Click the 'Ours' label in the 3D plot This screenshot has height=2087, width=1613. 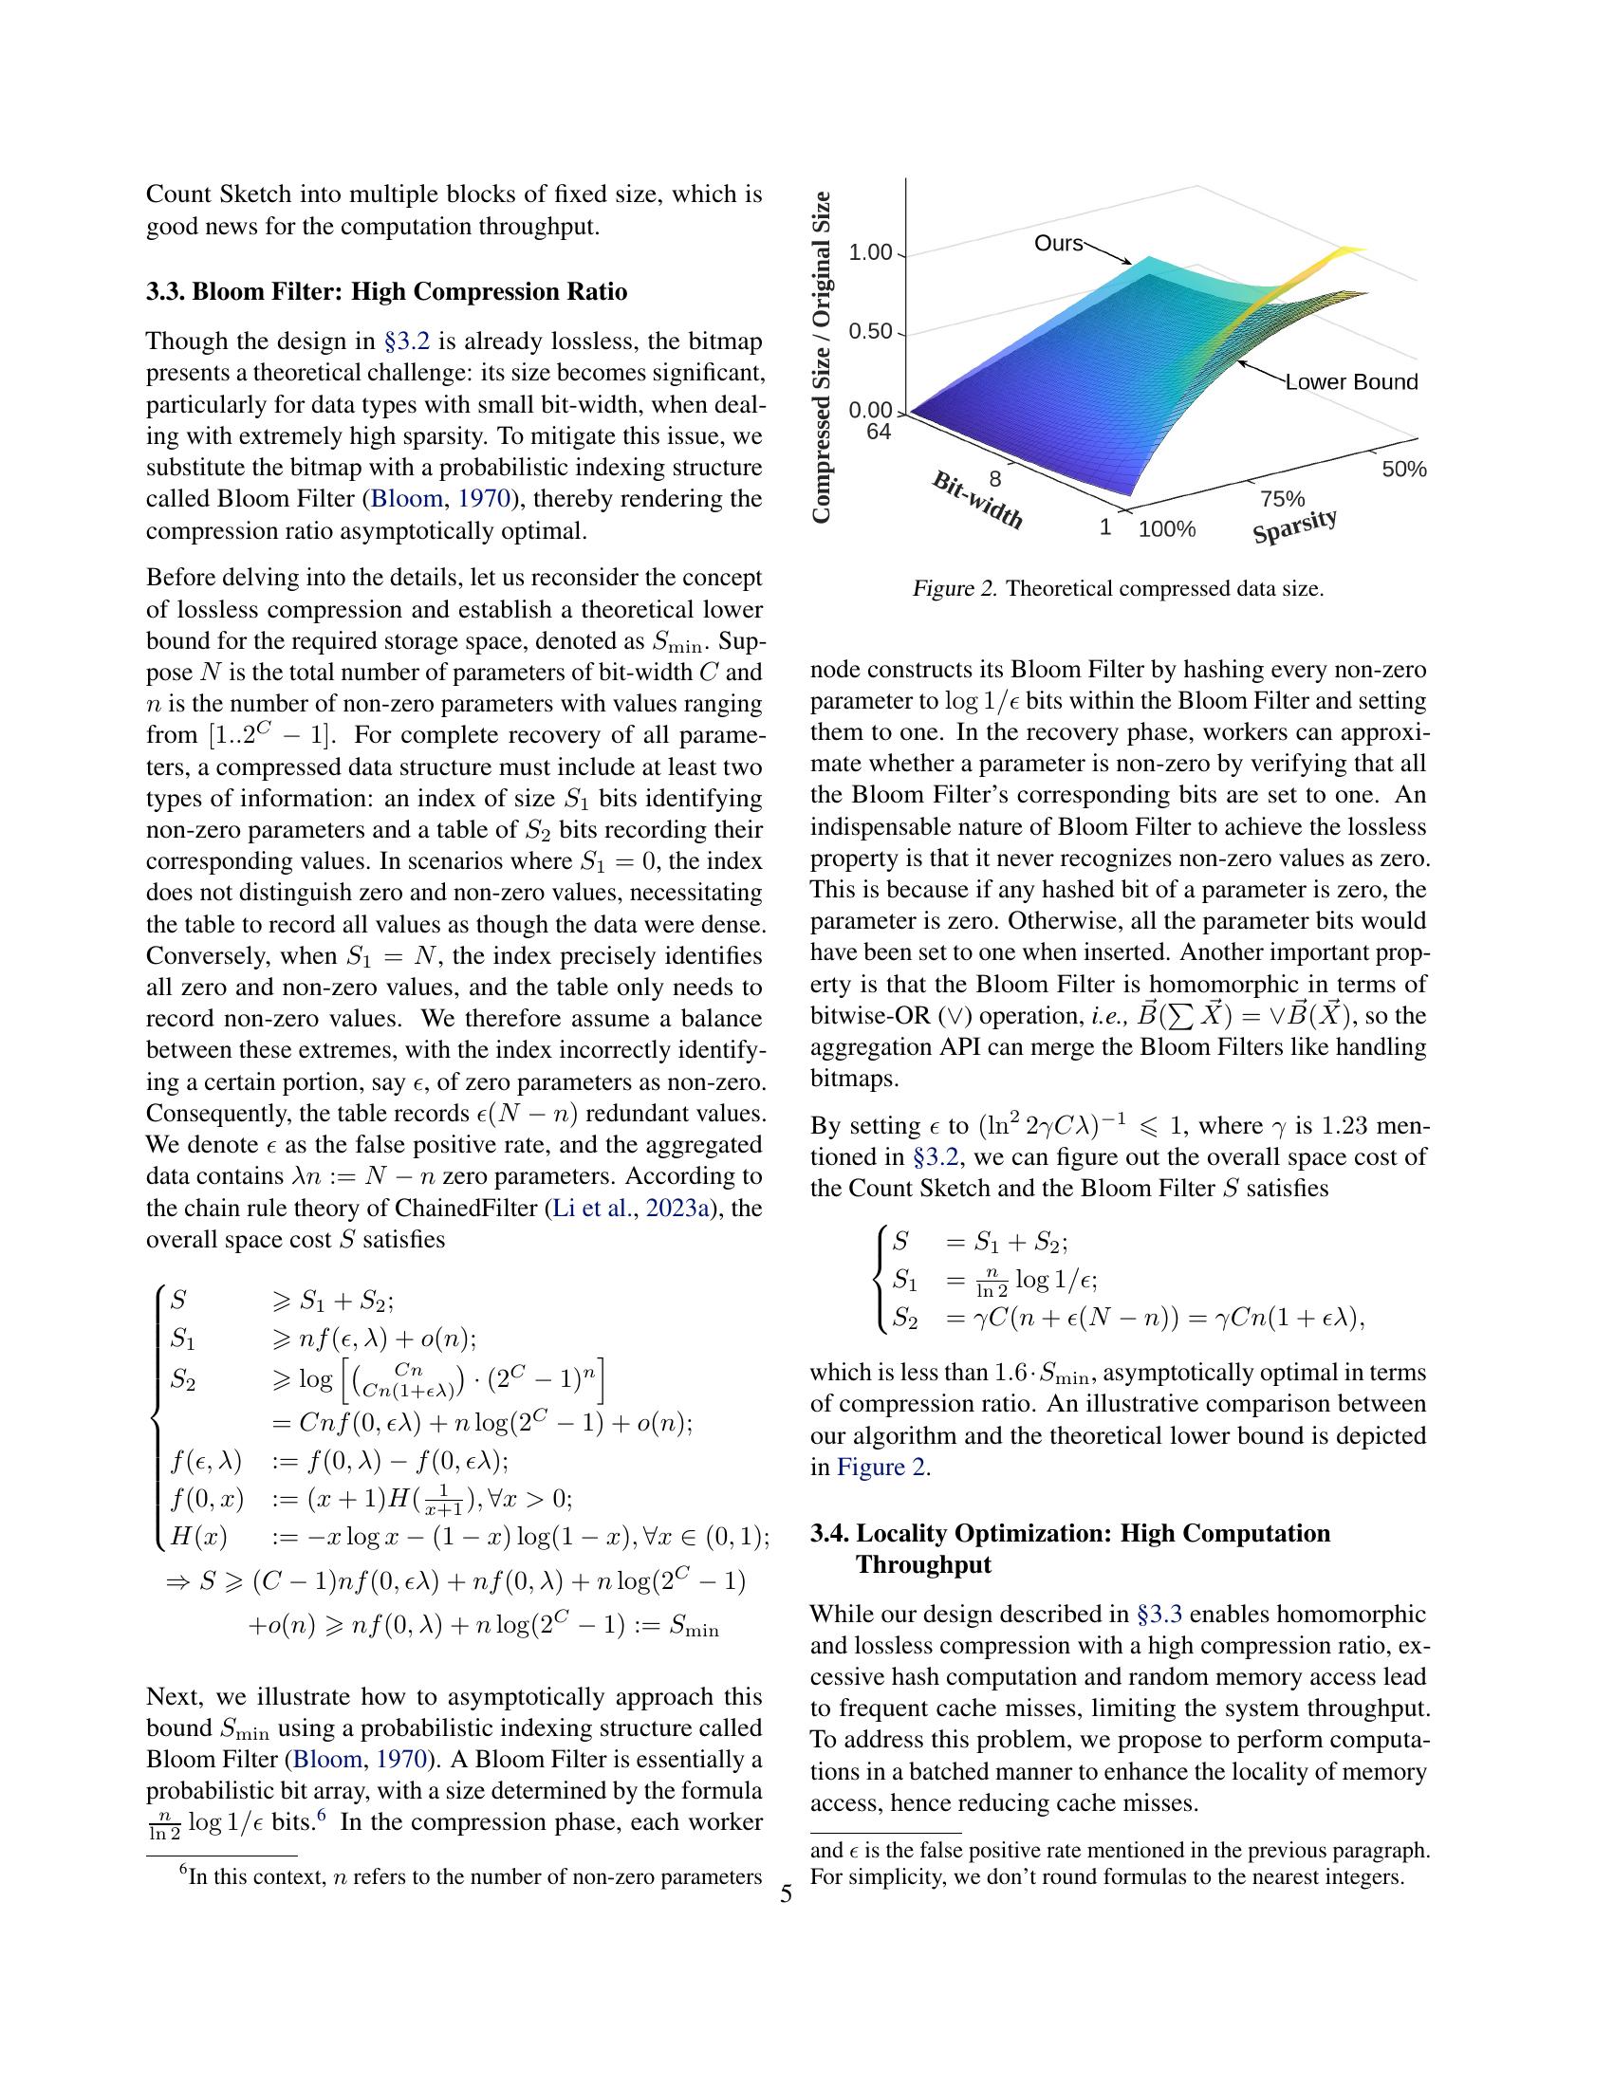point(1058,244)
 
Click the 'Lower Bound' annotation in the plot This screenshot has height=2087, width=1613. point(1350,382)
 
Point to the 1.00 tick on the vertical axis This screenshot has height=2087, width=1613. point(870,253)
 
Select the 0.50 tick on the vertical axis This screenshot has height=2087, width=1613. point(870,333)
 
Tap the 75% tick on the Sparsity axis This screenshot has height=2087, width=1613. point(1282,499)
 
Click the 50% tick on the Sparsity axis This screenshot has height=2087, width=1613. point(1402,470)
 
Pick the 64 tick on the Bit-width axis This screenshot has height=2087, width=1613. point(879,432)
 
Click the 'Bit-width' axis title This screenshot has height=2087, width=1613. point(977,500)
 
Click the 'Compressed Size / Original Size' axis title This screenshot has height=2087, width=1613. point(822,358)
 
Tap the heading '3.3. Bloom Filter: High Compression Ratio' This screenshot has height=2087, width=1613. point(386,291)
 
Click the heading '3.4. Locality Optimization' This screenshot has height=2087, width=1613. point(1069,1534)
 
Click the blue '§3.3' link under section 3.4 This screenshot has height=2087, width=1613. point(1159,1615)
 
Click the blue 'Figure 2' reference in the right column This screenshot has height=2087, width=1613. point(881,1467)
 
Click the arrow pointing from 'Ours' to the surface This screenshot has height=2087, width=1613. point(1107,253)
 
